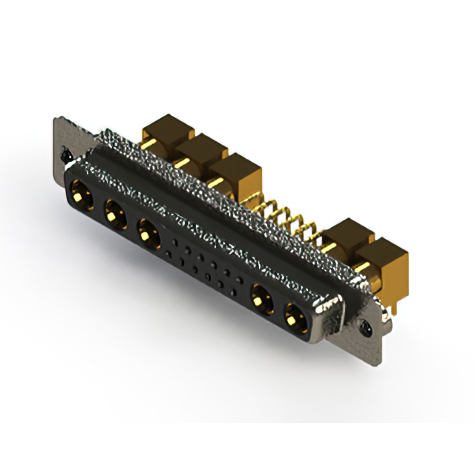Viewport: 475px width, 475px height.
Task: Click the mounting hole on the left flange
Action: [66, 157]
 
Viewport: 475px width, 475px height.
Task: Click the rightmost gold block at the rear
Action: [383, 261]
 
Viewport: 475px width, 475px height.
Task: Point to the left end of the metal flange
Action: [59, 141]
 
